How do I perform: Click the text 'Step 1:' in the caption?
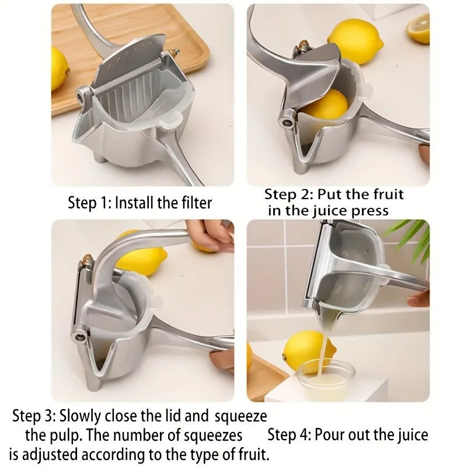(89, 203)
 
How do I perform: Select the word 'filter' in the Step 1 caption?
(194, 203)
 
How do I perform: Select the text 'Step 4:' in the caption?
(289, 435)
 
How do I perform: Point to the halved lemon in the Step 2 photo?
(419, 29)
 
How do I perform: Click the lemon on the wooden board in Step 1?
(59, 68)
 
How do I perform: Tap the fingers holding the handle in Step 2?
(423, 154)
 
